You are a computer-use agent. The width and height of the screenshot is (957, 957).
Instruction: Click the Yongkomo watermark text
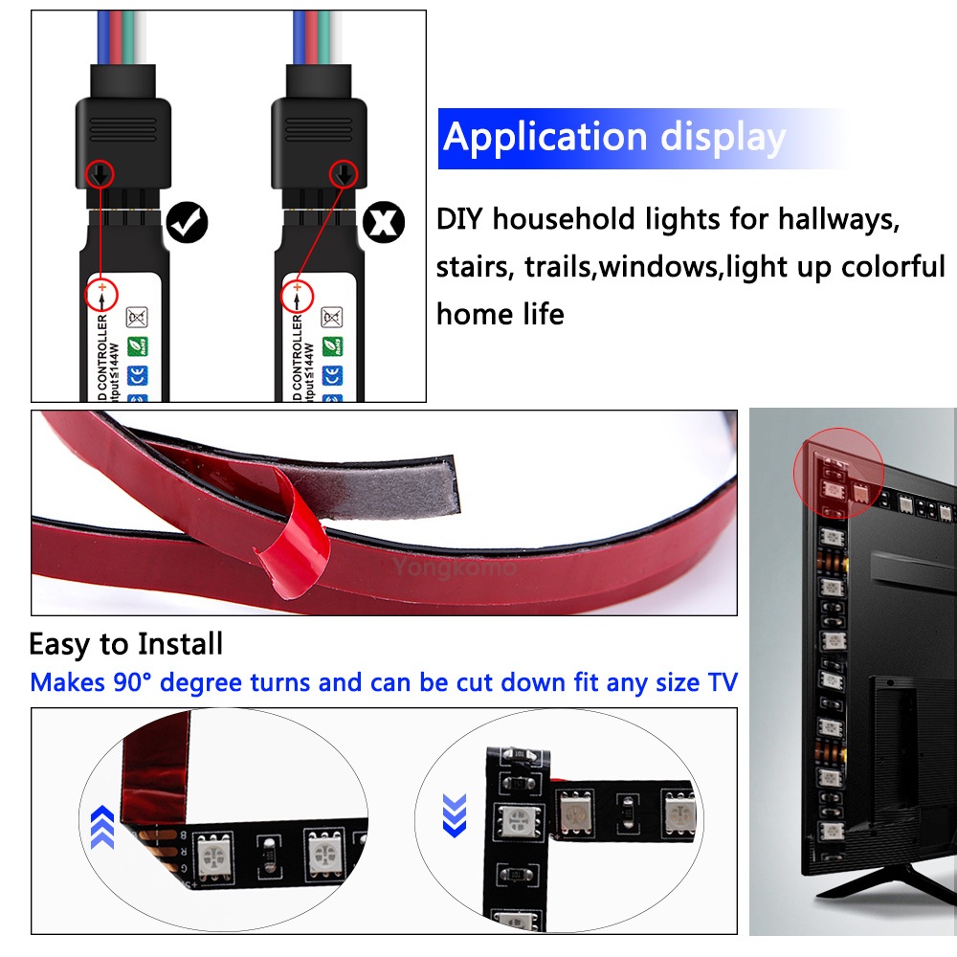pyautogui.click(x=455, y=568)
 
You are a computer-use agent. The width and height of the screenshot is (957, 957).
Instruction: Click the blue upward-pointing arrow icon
pyautogui.click(x=102, y=826)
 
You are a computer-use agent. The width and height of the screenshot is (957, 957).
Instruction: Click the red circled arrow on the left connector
pyautogui.click(x=99, y=174)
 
